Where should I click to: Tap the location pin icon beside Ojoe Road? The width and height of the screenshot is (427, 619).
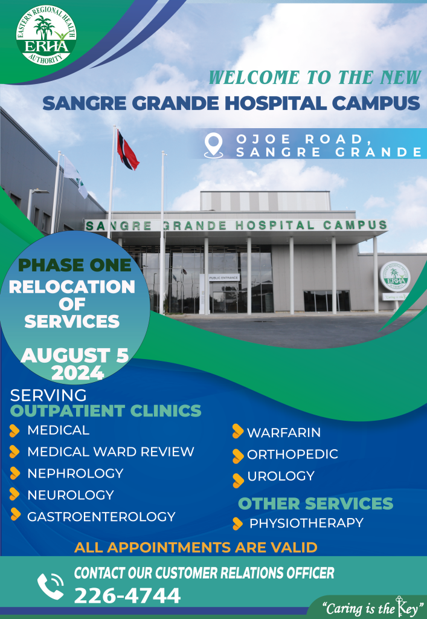[x=213, y=146]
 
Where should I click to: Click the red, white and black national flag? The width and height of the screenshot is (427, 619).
[x=127, y=151]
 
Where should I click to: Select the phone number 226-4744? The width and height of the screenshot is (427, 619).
[x=127, y=596]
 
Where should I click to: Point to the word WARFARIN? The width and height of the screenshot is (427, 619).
[x=284, y=433]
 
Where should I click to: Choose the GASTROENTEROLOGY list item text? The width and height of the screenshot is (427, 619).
[x=101, y=516]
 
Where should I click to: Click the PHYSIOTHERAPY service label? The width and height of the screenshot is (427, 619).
[x=306, y=523]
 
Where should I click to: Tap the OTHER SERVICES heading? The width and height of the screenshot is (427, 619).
[x=315, y=503]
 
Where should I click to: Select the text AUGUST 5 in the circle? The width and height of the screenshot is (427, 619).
[x=75, y=355]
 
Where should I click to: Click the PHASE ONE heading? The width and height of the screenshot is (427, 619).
[x=74, y=265]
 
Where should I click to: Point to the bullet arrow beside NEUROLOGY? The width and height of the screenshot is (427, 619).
[x=14, y=494]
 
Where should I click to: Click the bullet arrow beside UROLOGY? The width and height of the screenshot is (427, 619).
[x=238, y=479]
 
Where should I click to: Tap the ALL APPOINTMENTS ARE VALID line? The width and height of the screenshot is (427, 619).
[x=196, y=548]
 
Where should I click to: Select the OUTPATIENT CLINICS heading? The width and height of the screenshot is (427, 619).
[x=106, y=411]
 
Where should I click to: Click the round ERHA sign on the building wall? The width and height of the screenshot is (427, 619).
[x=394, y=276]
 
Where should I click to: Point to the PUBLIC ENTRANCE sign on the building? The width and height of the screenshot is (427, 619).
[x=223, y=277]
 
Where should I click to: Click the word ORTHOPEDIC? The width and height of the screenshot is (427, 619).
[x=292, y=455]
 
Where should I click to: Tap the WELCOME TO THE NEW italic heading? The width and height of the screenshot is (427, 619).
[x=314, y=77]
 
